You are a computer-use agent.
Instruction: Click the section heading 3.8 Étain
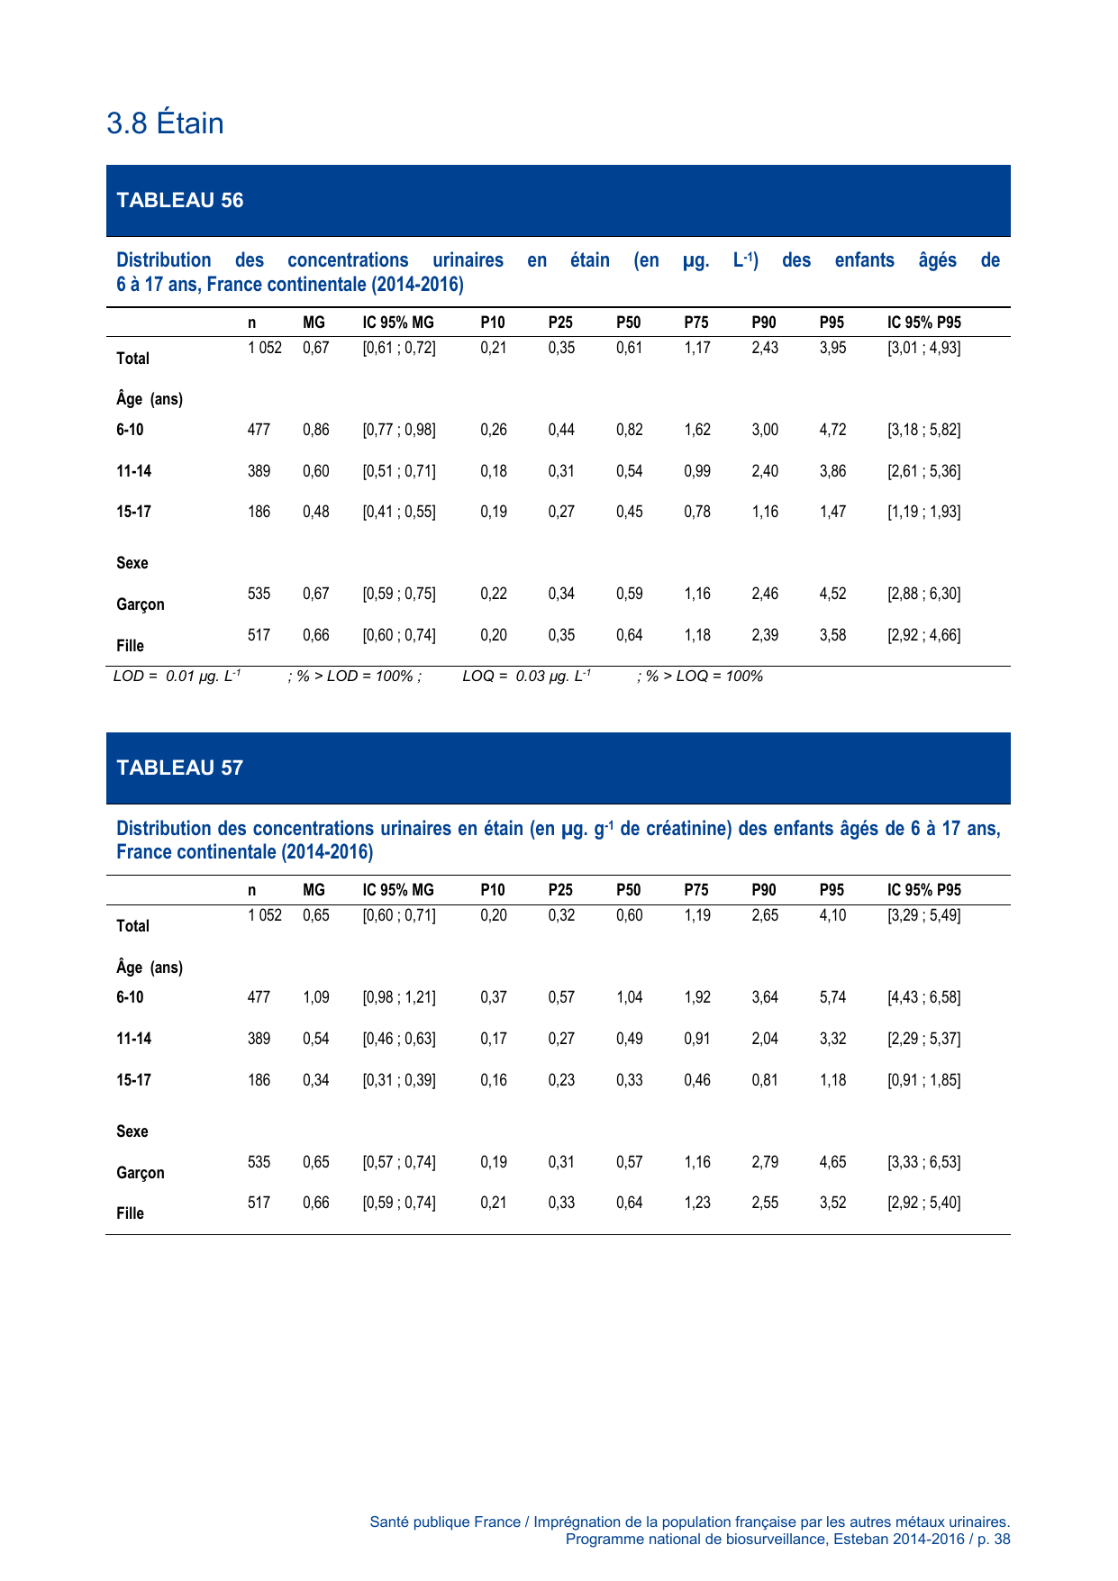point(165,123)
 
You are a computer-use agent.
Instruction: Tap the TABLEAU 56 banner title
point(180,200)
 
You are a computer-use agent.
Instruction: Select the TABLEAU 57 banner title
point(180,768)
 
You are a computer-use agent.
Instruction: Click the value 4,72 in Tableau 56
point(832,430)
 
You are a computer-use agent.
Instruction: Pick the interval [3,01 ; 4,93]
point(923,348)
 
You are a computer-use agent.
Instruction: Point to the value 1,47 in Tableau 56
point(832,512)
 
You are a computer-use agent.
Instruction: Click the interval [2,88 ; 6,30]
point(923,594)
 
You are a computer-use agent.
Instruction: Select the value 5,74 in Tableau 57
point(832,997)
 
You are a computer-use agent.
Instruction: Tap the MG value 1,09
point(315,997)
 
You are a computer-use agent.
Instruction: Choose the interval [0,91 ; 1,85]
point(923,1080)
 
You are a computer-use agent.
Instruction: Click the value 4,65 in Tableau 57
point(832,1162)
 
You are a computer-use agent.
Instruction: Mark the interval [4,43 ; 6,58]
point(923,997)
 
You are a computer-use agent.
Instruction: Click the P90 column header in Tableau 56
point(763,323)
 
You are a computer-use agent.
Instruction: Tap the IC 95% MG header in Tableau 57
point(398,890)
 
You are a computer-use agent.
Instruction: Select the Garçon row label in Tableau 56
point(141,604)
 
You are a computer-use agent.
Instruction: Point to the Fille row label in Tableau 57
point(130,1213)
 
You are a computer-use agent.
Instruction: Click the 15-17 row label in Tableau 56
point(133,512)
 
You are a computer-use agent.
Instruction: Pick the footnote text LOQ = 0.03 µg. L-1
point(526,677)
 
